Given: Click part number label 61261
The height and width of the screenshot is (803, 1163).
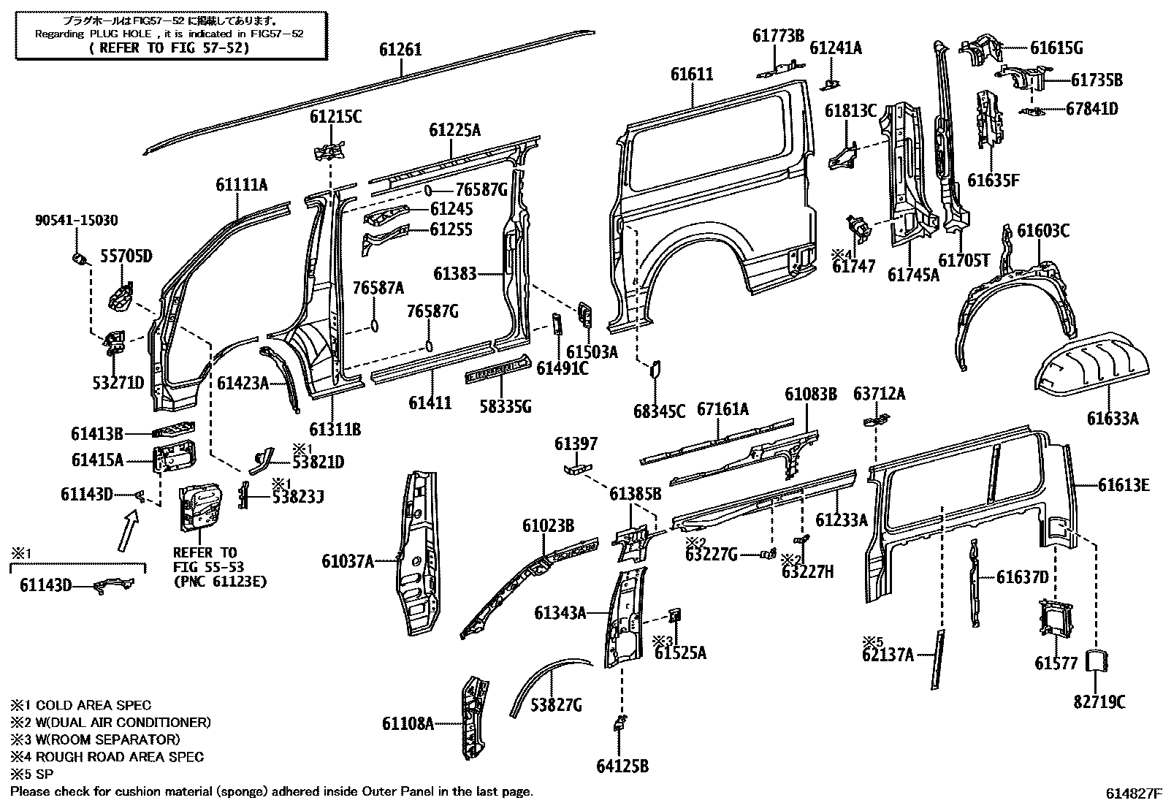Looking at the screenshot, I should pyautogui.click(x=400, y=50).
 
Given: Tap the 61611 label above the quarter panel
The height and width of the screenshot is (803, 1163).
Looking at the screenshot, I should pyautogui.click(x=692, y=75).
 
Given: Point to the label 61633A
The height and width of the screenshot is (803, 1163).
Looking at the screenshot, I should pyautogui.click(x=1113, y=418).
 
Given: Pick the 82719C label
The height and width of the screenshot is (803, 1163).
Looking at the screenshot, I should pyautogui.click(x=1099, y=702).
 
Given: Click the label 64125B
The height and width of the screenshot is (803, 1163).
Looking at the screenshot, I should pyautogui.click(x=622, y=766).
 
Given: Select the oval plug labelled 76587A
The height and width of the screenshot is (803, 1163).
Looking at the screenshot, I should pyautogui.click(x=374, y=324).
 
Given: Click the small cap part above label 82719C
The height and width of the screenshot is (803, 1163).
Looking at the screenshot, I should pyautogui.click(x=1095, y=661).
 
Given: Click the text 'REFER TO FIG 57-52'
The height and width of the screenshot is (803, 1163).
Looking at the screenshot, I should pyautogui.click(x=168, y=48).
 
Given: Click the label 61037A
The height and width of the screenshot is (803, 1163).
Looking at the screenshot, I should pyautogui.click(x=348, y=561).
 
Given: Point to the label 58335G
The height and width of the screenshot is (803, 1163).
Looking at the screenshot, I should pyautogui.click(x=506, y=406).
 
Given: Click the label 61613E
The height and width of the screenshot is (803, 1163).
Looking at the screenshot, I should pyautogui.click(x=1124, y=484).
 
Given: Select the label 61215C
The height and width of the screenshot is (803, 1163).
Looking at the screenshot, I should pyautogui.click(x=335, y=117).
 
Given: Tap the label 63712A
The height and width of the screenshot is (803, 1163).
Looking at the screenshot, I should pyautogui.click(x=879, y=395).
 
